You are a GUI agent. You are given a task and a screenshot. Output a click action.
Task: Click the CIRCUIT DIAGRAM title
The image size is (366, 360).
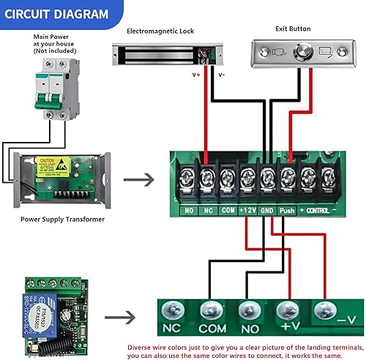(56, 14)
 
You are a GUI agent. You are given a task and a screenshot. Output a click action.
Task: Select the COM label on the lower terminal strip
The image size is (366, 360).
(213, 329)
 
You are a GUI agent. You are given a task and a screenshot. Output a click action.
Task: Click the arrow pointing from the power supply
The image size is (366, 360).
(139, 179)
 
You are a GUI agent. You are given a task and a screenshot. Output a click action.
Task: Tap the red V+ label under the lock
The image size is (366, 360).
(195, 74)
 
